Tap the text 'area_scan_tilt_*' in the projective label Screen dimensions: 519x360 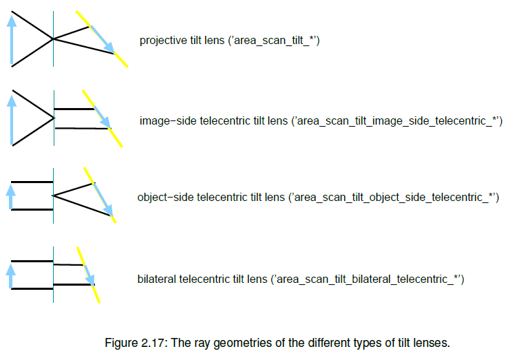(x=274, y=41)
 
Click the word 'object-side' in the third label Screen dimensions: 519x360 (x=165, y=198)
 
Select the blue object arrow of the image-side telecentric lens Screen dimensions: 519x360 (x=11, y=120)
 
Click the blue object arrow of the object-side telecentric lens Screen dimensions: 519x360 (x=10, y=196)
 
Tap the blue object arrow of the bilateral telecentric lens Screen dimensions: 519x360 (x=10, y=275)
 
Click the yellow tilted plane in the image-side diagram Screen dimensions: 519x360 (x=117, y=137)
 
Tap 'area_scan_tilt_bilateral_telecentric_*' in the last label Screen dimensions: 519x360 (x=368, y=279)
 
